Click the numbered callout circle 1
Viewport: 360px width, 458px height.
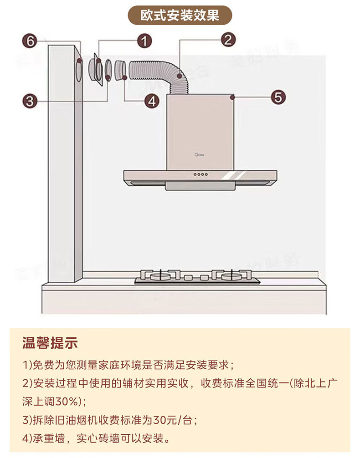point(144,41)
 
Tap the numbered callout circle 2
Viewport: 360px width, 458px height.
point(228,40)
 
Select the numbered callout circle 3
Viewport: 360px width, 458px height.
point(30,101)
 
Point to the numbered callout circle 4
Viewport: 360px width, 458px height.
point(152,101)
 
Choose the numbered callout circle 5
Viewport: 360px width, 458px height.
point(278,97)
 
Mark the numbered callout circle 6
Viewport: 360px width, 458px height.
point(30,41)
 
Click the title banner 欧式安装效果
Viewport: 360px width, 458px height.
point(180,15)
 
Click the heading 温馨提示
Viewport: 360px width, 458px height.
point(50,343)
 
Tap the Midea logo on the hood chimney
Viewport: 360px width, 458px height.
point(200,154)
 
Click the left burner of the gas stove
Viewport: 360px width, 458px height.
point(160,276)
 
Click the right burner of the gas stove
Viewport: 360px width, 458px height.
point(231,276)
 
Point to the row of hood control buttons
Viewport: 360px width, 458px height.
point(201,174)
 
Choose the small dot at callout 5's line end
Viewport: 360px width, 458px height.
point(232,97)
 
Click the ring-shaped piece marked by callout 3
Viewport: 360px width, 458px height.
point(108,71)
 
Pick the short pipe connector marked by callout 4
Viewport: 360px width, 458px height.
point(120,71)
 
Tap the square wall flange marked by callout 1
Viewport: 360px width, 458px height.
point(96,70)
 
